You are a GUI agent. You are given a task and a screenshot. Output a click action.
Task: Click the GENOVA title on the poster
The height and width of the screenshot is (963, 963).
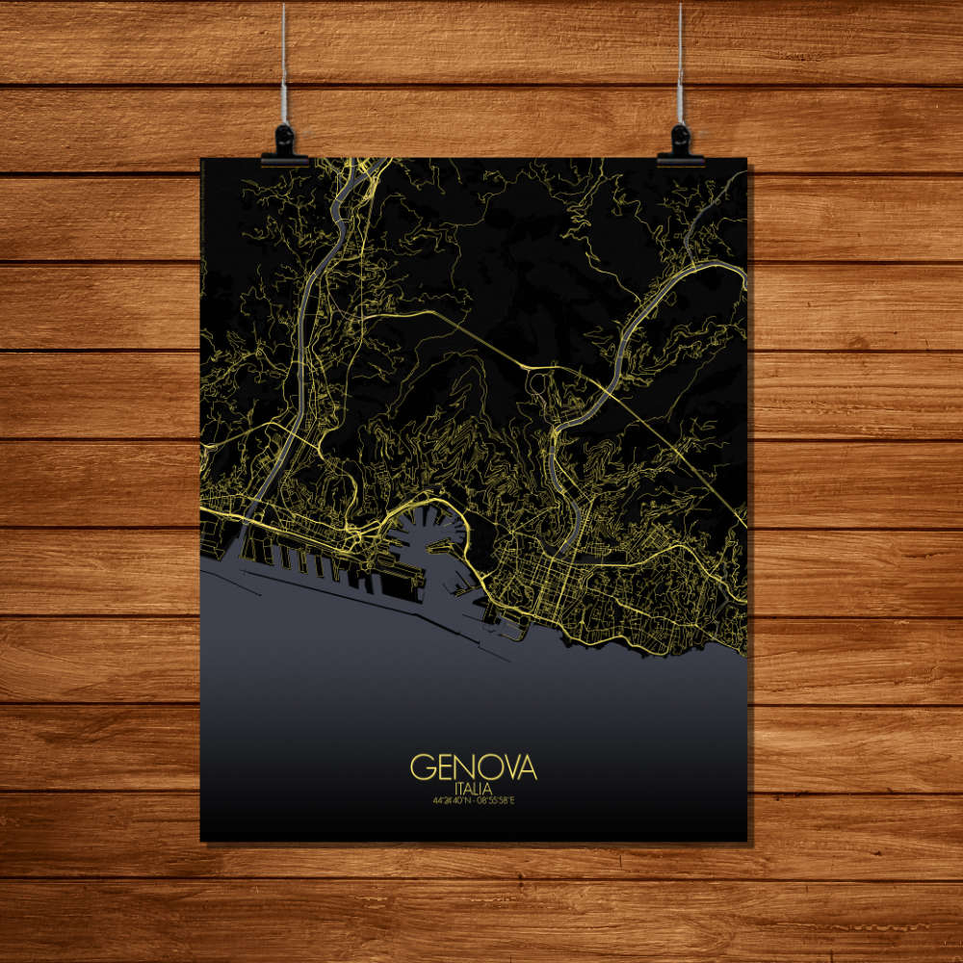tap(474, 768)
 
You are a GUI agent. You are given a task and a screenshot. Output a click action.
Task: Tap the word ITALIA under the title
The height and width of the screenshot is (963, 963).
tap(474, 789)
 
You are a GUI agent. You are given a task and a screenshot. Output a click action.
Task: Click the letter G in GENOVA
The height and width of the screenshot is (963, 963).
tap(422, 768)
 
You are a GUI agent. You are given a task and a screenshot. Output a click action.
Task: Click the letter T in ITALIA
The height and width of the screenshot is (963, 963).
tap(461, 789)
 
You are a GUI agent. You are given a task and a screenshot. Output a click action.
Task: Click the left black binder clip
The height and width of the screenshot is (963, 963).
tap(285, 144)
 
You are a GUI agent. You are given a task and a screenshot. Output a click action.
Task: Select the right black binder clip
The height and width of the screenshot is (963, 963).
tap(680, 144)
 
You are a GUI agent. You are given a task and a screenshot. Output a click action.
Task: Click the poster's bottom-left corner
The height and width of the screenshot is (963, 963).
tap(201, 840)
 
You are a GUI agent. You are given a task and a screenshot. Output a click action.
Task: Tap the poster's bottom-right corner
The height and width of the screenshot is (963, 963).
tap(746, 840)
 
